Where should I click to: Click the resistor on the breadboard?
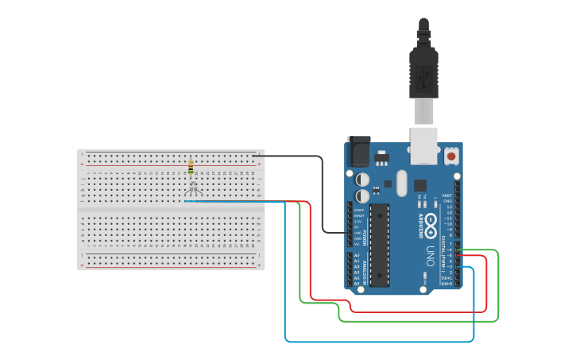191,166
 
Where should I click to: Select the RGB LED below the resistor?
192,188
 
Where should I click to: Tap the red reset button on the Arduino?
451,156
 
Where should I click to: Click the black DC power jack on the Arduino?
359,151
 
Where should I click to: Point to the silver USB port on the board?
423,144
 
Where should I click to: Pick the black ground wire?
322,199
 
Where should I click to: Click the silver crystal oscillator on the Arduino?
401,184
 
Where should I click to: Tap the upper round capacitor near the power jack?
362,180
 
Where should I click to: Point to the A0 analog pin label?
356,255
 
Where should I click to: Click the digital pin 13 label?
450,207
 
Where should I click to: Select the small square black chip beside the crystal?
419,184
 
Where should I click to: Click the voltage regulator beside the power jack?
382,157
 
